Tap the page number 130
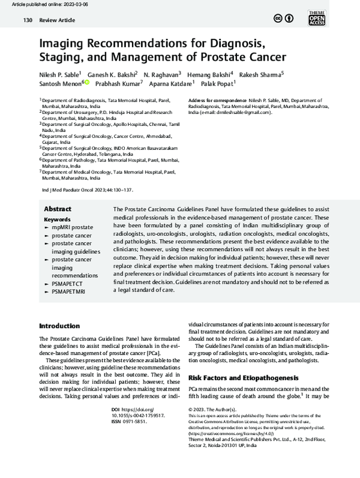(x=27, y=20)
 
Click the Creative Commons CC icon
(x=278, y=19)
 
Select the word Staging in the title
(x=60, y=58)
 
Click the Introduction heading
(x=59, y=326)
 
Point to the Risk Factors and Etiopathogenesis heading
(x=243, y=378)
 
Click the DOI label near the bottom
(x=116, y=409)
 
